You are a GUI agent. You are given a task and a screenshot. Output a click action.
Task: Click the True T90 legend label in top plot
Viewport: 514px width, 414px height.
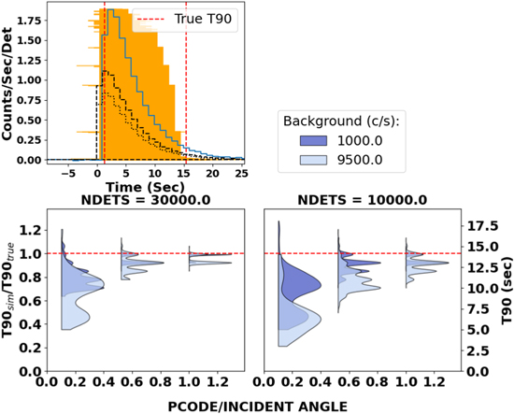(x=203, y=18)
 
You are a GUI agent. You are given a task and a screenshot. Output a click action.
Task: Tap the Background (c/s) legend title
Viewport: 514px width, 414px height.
(x=343, y=121)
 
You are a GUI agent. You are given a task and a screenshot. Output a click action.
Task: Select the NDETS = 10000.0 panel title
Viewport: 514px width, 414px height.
(x=365, y=200)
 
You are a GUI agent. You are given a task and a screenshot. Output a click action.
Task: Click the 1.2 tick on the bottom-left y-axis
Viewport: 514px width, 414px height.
(x=28, y=230)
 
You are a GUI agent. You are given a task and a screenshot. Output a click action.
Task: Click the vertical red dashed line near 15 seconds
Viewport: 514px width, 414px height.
(x=185, y=93)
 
